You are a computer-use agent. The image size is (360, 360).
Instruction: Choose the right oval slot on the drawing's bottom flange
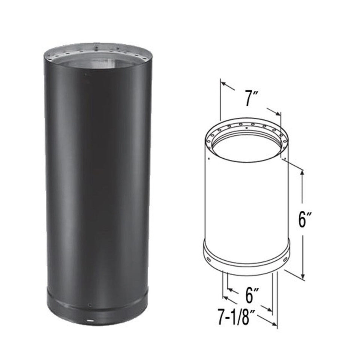click(x=286, y=259)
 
